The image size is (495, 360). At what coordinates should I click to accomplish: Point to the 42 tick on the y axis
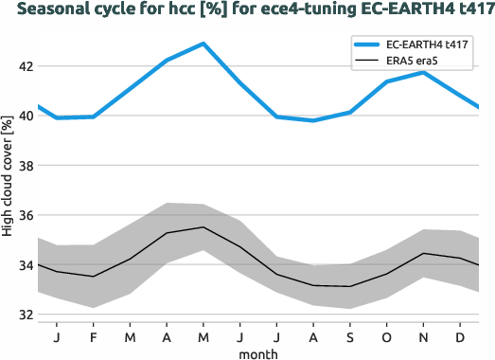(24, 67)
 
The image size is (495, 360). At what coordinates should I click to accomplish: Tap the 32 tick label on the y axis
(24, 315)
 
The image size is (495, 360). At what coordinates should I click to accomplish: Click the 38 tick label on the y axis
(24, 166)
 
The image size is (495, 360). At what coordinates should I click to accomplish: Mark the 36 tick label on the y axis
(24, 216)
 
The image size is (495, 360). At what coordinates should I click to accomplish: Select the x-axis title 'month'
(257, 351)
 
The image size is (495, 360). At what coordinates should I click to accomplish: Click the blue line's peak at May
(203, 44)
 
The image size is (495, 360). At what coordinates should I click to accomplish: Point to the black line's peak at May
(203, 227)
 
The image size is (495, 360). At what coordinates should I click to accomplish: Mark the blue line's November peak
(423, 73)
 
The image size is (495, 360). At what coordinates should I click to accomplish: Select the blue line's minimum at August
(312, 120)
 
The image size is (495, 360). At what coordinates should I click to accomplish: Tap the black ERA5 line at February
(93, 277)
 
